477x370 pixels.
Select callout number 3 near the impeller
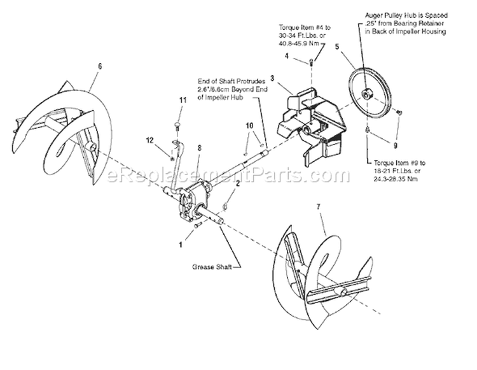tap(272, 78)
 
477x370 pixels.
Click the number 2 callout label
tap(238, 183)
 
